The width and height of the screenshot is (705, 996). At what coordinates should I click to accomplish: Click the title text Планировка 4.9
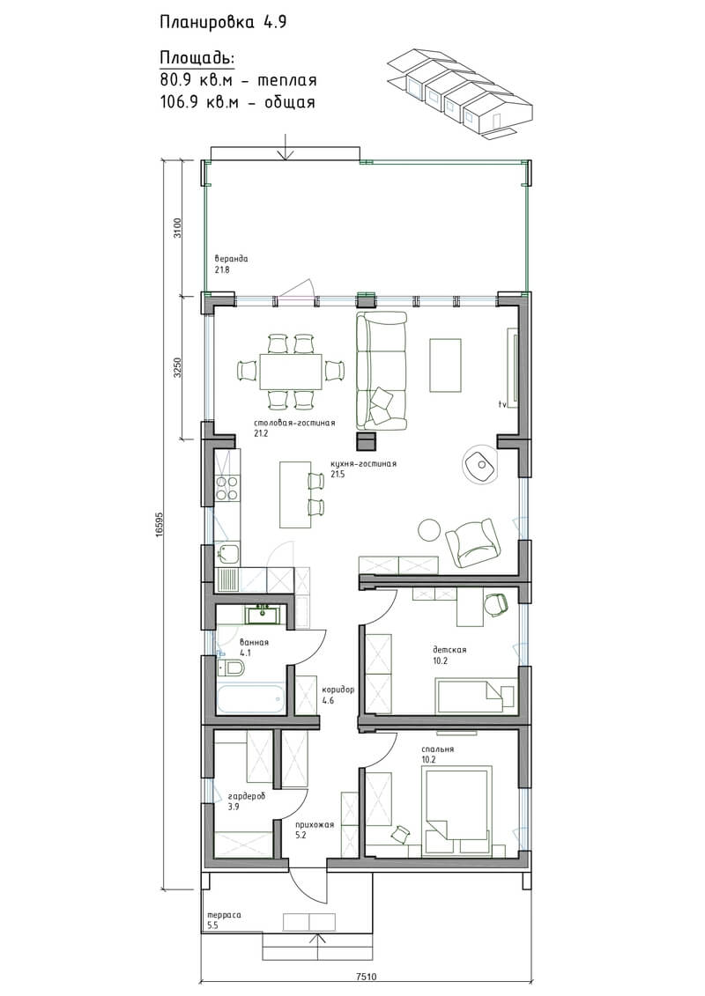pos(223,23)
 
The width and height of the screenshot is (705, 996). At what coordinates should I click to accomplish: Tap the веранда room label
pos(231,259)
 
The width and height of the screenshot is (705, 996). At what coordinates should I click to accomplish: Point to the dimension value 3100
pos(178,227)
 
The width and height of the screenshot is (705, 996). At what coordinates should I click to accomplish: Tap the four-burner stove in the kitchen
pos(227,488)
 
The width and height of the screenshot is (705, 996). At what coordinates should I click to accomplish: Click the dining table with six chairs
pos(292,371)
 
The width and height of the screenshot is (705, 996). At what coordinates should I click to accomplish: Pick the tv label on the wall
pos(501,404)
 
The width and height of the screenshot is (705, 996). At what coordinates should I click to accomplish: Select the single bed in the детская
pos(476,696)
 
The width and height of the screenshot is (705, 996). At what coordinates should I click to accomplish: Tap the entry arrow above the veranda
pos(286,147)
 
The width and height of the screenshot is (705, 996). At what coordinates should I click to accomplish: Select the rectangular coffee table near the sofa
pos(445,365)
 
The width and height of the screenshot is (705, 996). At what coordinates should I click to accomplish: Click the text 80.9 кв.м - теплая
pos(239,81)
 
